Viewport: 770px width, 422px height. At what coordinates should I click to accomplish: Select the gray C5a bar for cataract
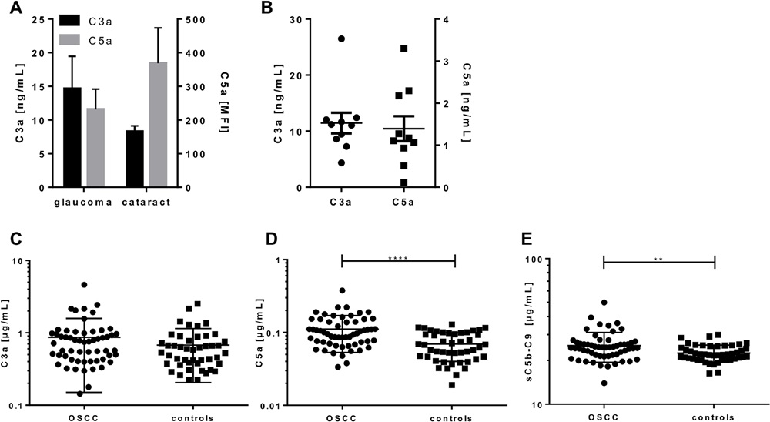coord(157,124)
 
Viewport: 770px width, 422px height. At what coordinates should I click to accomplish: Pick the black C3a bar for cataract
coord(134,159)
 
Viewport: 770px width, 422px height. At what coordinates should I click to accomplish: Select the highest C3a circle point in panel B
coord(341,39)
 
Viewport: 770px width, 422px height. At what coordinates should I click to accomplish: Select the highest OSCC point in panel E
coord(604,303)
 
